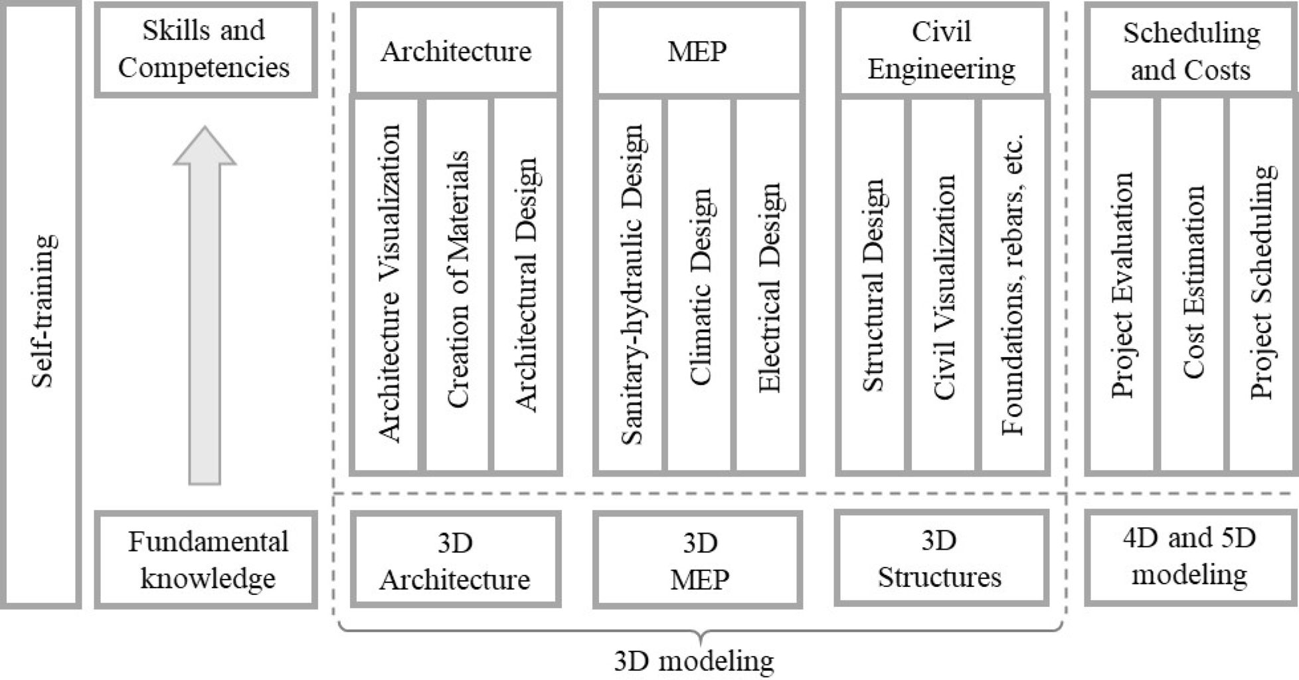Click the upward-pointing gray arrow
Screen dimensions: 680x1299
click(205, 306)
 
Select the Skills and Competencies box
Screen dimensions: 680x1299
click(205, 49)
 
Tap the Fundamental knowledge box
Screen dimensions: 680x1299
click(207, 560)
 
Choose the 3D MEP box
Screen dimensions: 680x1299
click(698, 560)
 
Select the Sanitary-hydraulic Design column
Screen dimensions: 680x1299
click(631, 284)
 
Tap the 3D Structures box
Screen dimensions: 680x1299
click(940, 558)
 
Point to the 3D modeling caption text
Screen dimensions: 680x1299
click(694, 661)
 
